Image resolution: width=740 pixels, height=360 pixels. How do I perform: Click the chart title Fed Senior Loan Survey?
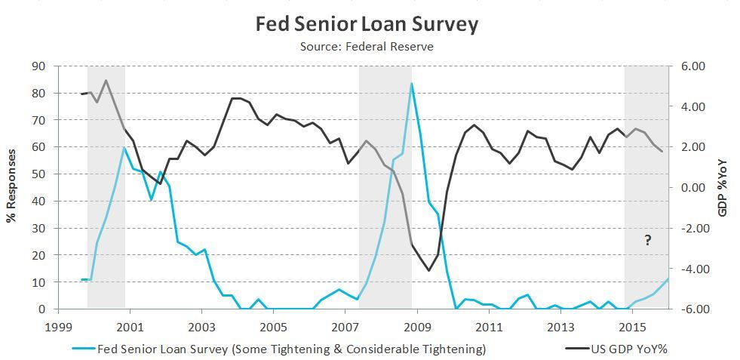tap(367, 24)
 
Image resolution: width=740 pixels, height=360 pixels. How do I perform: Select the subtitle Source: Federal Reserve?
tap(367, 47)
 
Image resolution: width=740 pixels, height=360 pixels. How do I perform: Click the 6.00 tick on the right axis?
tap(692, 66)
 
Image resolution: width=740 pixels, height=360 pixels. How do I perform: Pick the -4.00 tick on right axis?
tap(691, 269)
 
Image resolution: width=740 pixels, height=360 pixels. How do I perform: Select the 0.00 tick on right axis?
tap(692, 188)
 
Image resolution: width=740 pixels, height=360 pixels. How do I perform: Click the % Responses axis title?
tap(12, 187)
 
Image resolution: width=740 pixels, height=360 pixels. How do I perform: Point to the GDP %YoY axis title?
tap(722, 187)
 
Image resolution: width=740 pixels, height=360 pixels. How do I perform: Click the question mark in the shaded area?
tap(647, 240)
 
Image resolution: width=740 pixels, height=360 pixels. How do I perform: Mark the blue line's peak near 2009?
tap(411, 83)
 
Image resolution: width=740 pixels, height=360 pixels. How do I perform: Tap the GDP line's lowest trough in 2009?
tap(429, 270)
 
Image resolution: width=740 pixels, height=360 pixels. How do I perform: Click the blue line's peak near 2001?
tap(124, 147)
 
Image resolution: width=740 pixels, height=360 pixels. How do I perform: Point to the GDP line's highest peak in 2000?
tap(106, 80)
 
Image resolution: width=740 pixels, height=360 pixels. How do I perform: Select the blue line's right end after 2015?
tap(668, 278)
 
